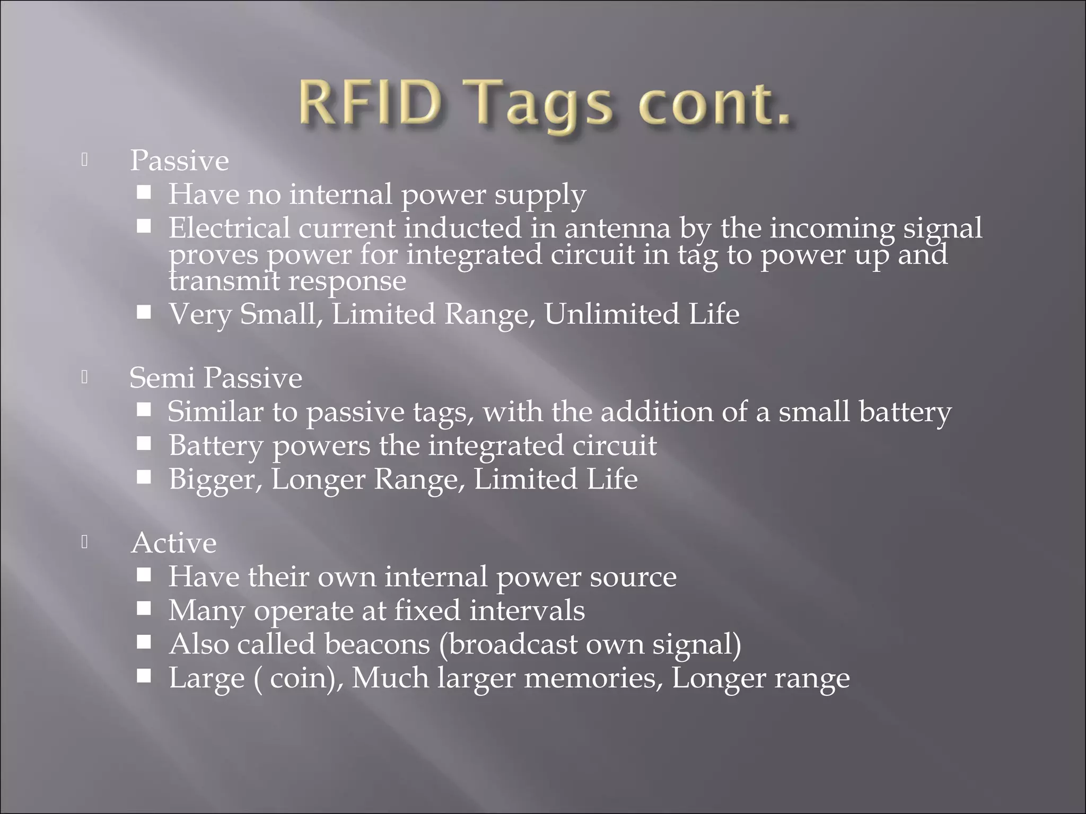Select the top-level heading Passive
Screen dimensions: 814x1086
(179, 161)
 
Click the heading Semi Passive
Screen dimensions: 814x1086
(215, 378)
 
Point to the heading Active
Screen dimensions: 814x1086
(174, 543)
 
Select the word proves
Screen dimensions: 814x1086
(214, 255)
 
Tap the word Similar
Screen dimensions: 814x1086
(215, 412)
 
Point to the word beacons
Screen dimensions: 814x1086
(377, 644)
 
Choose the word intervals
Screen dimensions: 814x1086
(527, 610)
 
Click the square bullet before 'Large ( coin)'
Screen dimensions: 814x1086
(144, 676)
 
